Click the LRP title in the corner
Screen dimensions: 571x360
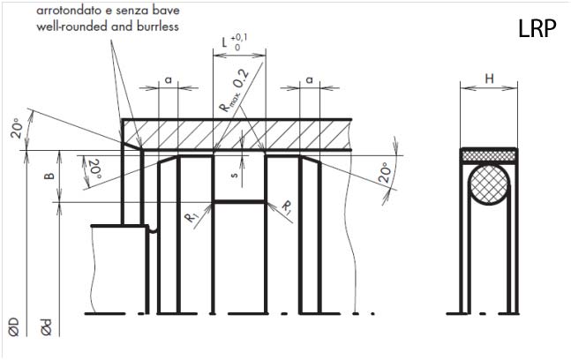pyautogui.click(x=537, y=29)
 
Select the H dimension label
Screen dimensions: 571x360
pyautogui.click(x=489, y=79)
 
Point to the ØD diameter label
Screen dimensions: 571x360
pyautogui.click(x=14, y=326)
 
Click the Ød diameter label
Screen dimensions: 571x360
pyautogui.click(x=46, y=326)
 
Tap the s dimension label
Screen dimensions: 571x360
pyautogui.click(x=235, y=175)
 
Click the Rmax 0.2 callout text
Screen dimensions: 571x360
pyautogui.click(x=235, y=90)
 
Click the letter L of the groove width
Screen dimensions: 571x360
pyautogui.click(x=225, y=42)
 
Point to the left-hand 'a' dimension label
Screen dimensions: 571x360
pyautogui.click(x=169, y=79)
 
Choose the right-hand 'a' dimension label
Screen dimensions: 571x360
pyautogui.click(x=309, y=79)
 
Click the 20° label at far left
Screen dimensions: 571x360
pyautogui.click(x=17, y=128)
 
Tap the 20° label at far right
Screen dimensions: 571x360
pyautogui.click(x=386, y=172)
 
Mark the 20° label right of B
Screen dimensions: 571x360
pyautogui.click(x=94, y=169)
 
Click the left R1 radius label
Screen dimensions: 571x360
pyautogui.click(x=192, y=218)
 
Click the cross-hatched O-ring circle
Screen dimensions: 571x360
pyautogui.click(x=489, y=185)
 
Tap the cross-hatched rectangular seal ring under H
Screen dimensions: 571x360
pyautogui.click(x=489, y=156)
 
